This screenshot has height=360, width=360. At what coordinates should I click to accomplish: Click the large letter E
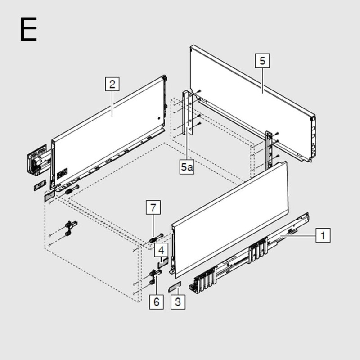pos(28,29)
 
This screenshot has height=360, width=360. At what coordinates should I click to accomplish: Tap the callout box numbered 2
pos(112,84)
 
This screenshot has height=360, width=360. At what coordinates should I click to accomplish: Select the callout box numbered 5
pos(262,61)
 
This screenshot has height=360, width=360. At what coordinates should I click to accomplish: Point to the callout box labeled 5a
pos(187,167)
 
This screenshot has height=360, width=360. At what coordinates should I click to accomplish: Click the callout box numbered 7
pos(153,207)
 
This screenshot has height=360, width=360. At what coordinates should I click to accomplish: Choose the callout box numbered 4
pos(161,250)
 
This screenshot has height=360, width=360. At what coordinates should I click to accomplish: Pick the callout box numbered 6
pos(156,302)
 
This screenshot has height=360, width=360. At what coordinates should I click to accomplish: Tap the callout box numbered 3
pos(178,302)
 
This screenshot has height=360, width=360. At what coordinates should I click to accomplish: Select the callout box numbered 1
pos(323,235)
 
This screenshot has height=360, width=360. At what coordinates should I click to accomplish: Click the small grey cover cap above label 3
pos(175,287)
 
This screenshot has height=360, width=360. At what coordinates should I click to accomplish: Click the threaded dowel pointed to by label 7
pos(156,238)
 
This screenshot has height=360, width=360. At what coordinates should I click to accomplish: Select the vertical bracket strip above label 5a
pos(188,112)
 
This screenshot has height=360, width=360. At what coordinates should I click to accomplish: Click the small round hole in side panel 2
pos(159,118)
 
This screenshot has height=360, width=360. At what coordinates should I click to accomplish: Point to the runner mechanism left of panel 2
pos(39,160)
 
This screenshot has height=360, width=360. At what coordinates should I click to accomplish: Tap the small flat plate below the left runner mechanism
pos(40,185)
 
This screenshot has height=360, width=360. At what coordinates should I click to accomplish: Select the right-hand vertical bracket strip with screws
pos(269,150)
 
